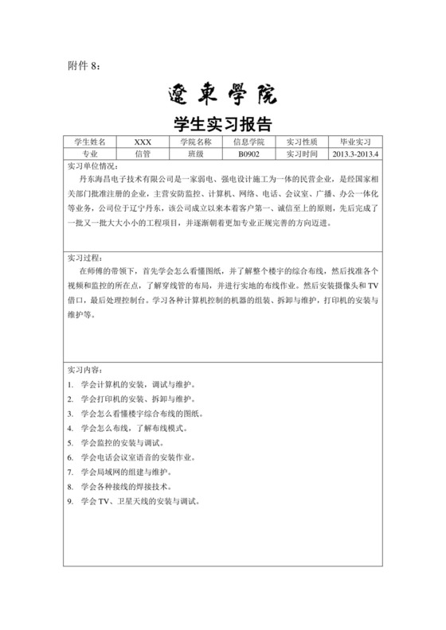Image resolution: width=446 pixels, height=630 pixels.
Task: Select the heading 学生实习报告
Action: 222,125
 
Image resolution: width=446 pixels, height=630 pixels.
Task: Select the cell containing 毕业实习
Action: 357,141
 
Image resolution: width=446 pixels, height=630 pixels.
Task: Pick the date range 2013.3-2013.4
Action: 357,154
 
